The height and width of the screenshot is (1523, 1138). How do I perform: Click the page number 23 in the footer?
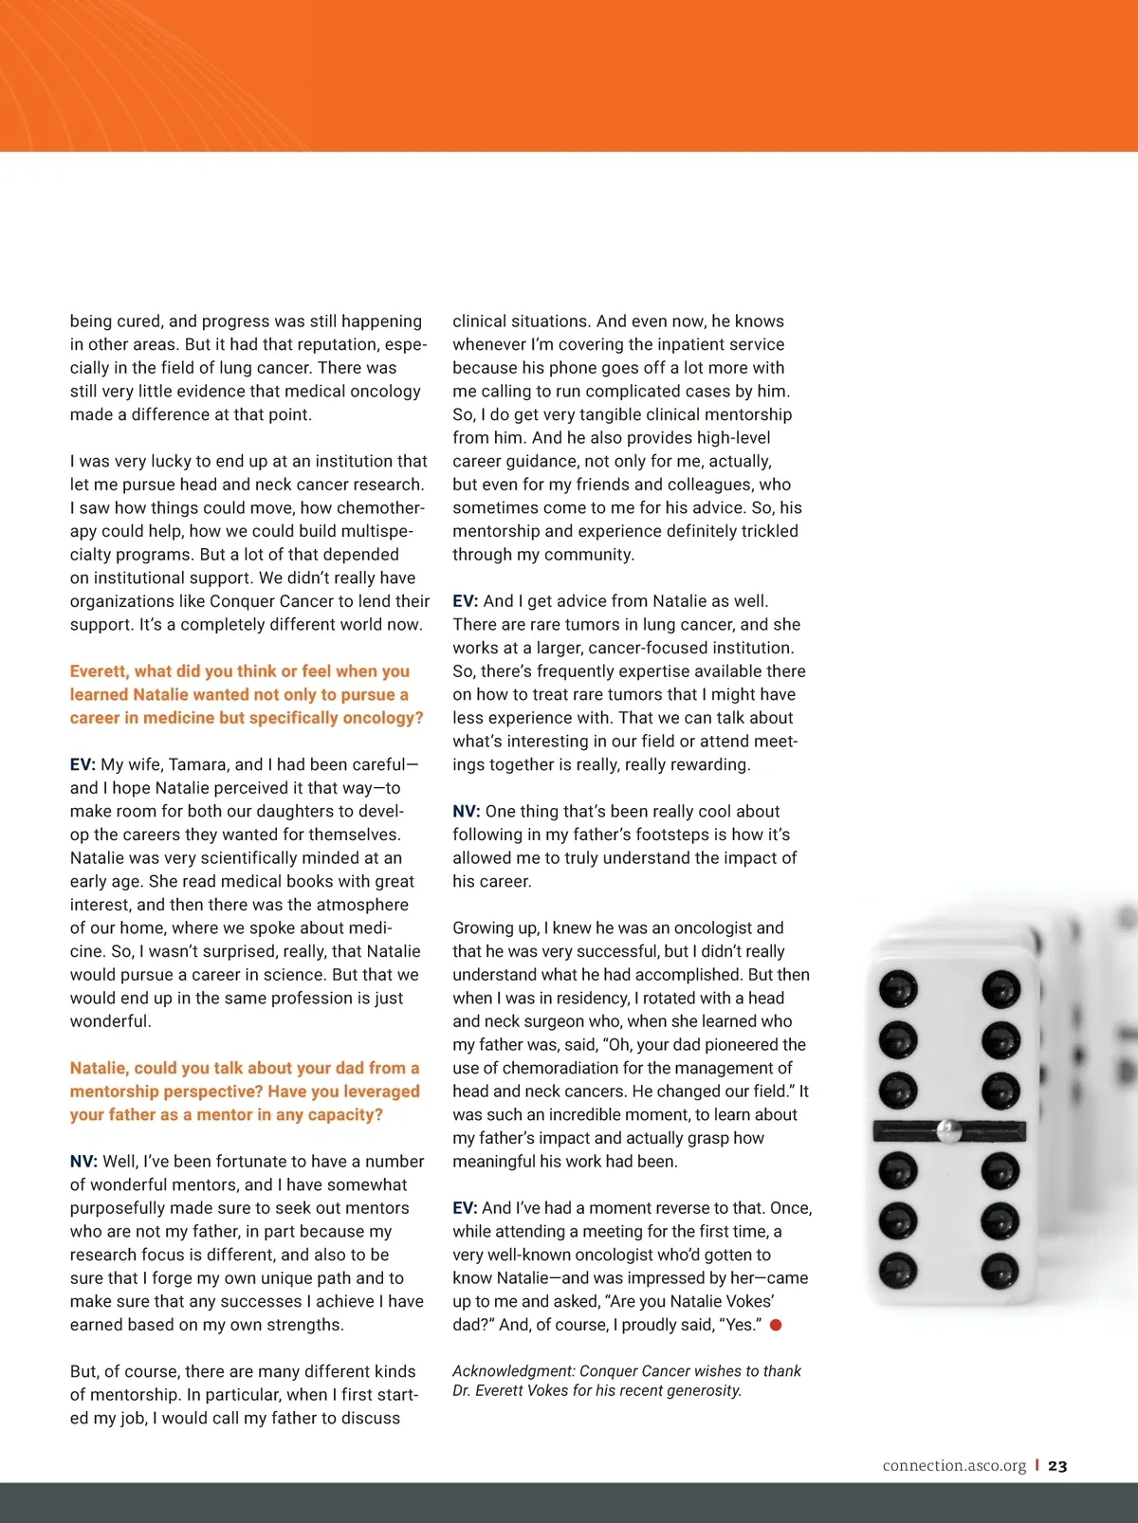(x=1057, y=1466)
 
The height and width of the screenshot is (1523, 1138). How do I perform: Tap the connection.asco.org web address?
(x=954, y=1466)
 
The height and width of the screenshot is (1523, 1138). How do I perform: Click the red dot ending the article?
(x=776, y=1325)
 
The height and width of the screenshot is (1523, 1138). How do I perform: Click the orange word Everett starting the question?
(x=98, y=671)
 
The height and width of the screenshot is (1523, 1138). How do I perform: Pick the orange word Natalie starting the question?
(x=99, y=1068)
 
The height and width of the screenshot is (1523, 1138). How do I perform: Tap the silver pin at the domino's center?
(x=947, y=1129)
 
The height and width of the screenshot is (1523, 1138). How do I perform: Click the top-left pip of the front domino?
(x=897, y=989)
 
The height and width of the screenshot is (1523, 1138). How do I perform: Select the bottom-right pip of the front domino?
(x=1000, y=1270)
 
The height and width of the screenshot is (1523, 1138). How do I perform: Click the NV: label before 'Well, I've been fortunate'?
(x=83, y=1162)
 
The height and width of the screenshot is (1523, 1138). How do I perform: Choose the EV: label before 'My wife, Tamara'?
(x=83, y=764)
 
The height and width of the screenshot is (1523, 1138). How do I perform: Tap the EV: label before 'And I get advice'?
(x=465, y=601)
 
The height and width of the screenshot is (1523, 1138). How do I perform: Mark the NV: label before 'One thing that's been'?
(x=467, y=812)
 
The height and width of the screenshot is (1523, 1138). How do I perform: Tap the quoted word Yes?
(x=739, y=1325)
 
